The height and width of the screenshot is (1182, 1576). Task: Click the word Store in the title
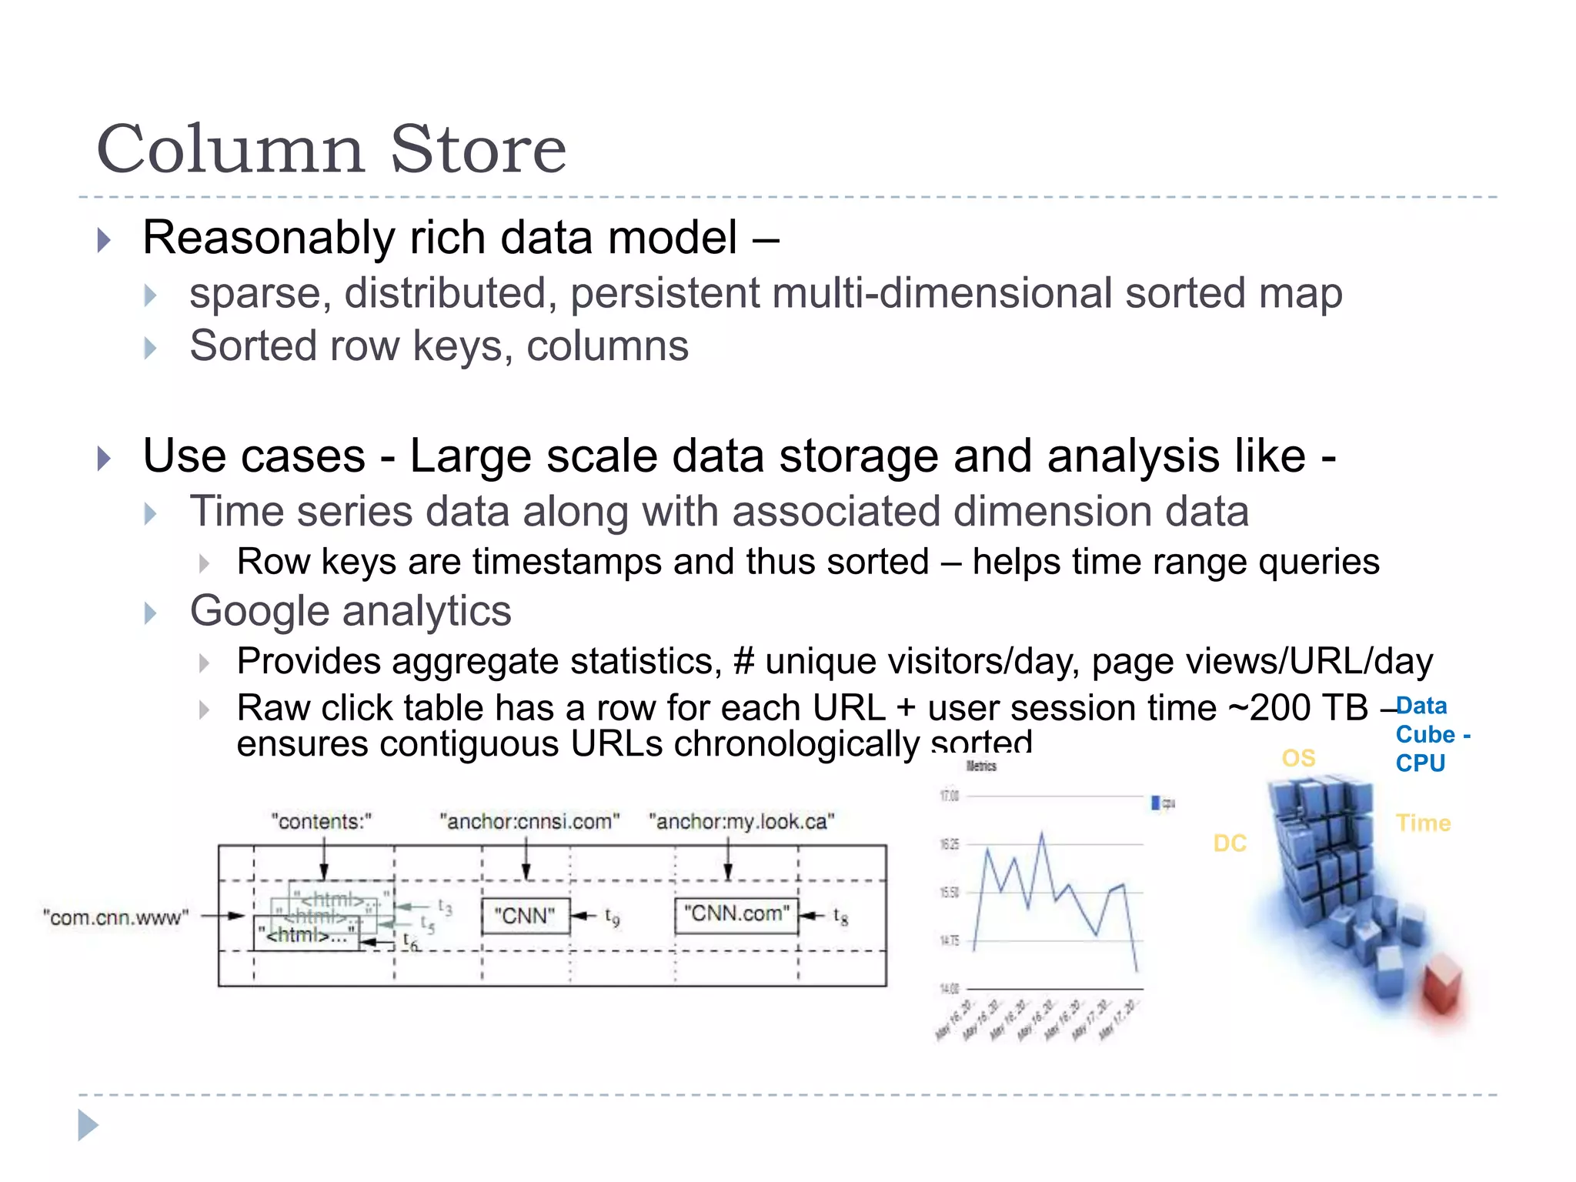click(x=478, y=149)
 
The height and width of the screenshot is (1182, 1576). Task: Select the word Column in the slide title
click(x=230, y=149)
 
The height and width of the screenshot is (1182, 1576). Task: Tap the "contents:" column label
click(x=321, y=821)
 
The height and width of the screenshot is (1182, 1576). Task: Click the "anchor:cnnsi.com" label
click(x=529, y=821)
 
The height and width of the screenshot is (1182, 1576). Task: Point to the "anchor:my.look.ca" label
click(x=741, y=821)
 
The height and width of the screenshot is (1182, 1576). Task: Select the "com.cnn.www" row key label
click(x=115, y=917)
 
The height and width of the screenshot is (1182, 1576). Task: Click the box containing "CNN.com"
click(x=736, y=914)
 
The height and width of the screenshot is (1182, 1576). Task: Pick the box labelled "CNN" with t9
click(x=525, y=916)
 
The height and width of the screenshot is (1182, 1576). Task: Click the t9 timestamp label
click(x=612, y=917)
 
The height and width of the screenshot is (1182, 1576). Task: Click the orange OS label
click(x=1298, y=758)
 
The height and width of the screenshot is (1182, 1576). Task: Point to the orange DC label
click(x=1229, y=843)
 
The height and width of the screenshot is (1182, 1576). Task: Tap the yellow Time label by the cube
click(x=1423, y=823)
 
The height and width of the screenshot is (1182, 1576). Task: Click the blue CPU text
click(x=1420, y=763)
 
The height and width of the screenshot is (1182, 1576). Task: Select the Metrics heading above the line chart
click(x=981, y=766)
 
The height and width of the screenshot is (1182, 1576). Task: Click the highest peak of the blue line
click(x=1042, y=833)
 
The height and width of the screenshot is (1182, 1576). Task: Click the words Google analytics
click(x=350, y=611)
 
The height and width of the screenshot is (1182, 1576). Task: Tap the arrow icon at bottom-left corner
click(x=88, y=1125)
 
